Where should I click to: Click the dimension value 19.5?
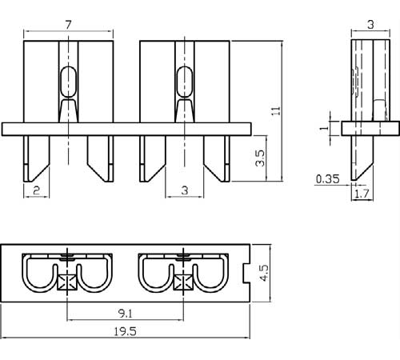pyautogui.click(x=125, y=331)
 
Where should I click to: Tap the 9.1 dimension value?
pyautogui.click(x=126, y=314)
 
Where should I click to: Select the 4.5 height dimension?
pyautogui.click(x=265, y=273)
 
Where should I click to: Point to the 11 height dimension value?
pyautogui.click(x=276, y=110)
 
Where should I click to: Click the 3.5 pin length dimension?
pyautogui.click(x=260, y=158)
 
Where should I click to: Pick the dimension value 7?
pyautogui.click(x=69, y=25)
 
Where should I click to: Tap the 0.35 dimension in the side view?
pyautogui.click(x=328, y=179)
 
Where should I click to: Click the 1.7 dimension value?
pyautogui.click(x=362, y=194)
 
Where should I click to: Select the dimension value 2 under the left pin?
pyautogui.click(x=37, y=190)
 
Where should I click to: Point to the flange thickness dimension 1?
pyautogui.click(x=324, y=128)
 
